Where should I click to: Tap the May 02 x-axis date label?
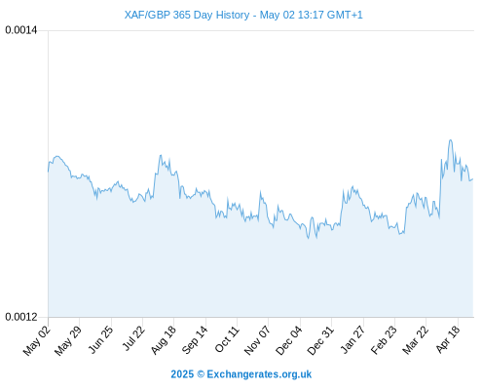37,340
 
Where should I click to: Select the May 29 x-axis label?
68,340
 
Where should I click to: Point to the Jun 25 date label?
101,339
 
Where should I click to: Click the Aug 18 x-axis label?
164,339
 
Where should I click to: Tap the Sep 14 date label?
195,339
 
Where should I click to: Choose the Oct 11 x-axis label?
227,339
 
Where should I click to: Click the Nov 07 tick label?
257,340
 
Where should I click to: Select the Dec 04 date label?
289,340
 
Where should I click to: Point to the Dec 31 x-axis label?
320,340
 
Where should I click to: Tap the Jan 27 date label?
353,339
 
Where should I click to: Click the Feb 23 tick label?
384,340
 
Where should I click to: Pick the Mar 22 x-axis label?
416,340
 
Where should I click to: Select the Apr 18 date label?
448,339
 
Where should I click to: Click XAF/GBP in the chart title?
147,15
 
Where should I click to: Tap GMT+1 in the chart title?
345,15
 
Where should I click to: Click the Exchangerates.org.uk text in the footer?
259,374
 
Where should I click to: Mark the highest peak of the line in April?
451,140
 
